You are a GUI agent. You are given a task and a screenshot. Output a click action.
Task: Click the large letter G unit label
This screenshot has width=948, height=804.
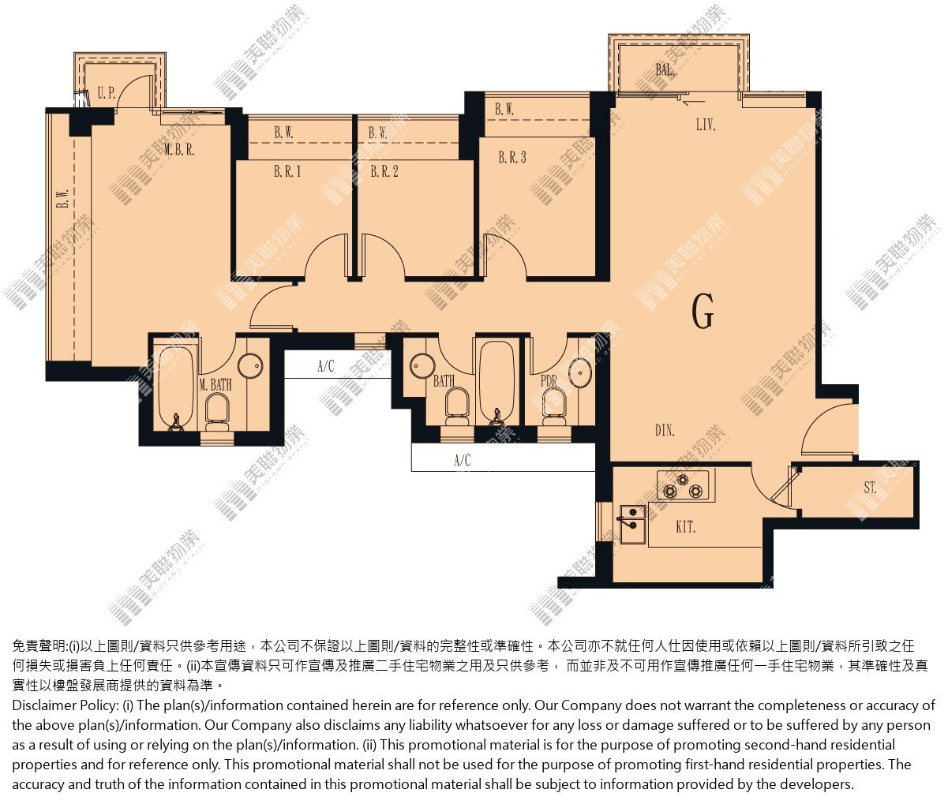703,312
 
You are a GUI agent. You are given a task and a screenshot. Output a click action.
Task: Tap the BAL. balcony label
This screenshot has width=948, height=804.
665,70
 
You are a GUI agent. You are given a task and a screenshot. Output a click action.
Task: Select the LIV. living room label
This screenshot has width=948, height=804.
706,125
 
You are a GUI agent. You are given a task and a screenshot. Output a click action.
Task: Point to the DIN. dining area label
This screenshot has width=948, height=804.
665,430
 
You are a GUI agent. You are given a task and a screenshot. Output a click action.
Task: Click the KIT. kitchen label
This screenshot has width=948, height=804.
685,527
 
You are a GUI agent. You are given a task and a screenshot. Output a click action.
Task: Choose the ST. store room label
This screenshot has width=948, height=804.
870,488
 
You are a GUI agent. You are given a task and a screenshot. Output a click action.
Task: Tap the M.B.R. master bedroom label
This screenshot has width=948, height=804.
179,149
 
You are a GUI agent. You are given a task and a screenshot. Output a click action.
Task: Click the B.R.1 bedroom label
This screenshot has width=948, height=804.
287,171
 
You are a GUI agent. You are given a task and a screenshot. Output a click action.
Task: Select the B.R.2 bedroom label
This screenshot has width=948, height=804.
384,171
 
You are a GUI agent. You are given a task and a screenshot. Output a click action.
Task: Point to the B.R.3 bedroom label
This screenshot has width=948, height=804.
512,158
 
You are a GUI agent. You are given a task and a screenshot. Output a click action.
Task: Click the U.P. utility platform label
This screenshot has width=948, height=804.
106,93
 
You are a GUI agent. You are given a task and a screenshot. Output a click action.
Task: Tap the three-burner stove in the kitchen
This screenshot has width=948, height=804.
683,485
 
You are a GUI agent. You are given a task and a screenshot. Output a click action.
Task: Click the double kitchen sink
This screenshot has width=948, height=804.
632,524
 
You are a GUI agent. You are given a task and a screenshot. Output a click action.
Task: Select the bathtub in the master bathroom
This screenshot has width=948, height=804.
176,387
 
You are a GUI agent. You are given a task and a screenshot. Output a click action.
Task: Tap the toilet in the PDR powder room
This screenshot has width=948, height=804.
553,407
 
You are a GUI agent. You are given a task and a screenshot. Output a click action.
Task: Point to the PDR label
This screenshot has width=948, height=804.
549,380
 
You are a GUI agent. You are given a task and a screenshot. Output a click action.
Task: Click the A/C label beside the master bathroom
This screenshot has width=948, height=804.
326,366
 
